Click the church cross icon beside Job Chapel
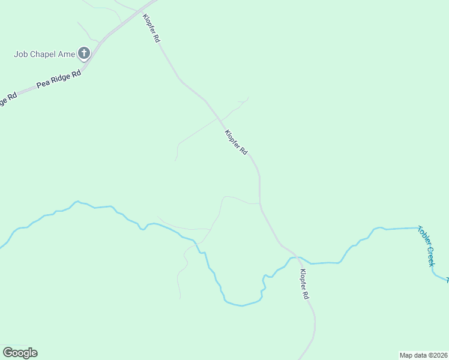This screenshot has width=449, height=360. (83, 54)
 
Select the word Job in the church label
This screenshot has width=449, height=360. (21, 54)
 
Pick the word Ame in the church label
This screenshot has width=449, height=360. (67, 54)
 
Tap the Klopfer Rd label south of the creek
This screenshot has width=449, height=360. (304, 284)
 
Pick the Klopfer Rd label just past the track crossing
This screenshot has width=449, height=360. (236, 143)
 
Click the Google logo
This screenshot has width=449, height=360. (20, 353)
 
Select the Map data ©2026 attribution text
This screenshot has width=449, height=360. (423, 355)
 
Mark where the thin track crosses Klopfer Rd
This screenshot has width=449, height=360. (218, 118)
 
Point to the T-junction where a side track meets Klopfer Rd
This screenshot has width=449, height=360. (260, 203)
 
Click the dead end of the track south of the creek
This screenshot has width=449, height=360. (180, 298)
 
